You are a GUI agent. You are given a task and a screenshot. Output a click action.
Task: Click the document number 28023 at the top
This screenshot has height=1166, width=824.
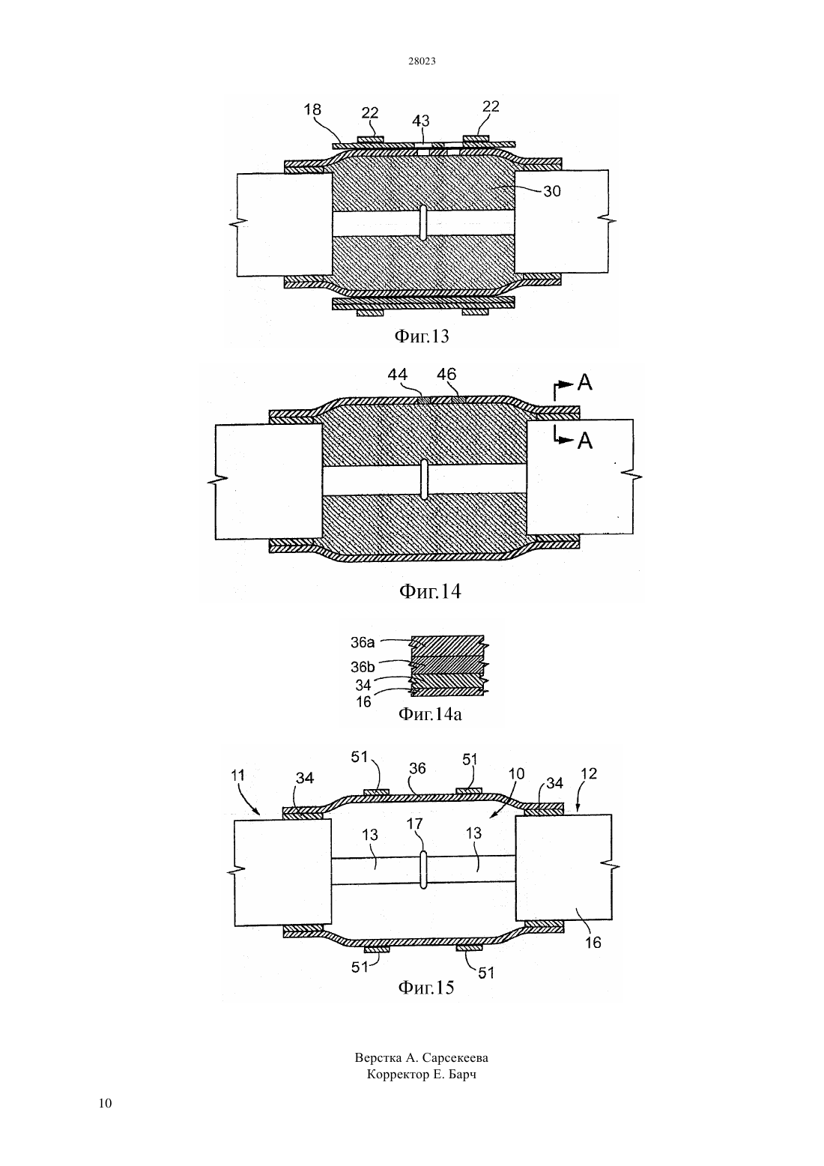pos(422,61)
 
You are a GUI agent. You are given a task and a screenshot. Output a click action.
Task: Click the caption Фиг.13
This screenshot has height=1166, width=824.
pos(421,336)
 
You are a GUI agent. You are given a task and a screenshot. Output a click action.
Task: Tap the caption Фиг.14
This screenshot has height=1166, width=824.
pos(430,591)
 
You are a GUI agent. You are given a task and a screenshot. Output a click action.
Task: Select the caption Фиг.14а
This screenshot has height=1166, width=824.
pos(430,714)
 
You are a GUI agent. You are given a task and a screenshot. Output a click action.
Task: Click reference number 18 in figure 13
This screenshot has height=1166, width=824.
pos(312,109)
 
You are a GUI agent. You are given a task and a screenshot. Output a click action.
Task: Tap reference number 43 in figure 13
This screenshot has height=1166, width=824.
pos(421,121)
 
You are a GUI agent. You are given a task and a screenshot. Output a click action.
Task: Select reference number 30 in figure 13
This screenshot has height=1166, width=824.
pos(552,192)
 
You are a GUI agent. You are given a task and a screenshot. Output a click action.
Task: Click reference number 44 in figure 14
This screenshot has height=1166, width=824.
pos(398,374)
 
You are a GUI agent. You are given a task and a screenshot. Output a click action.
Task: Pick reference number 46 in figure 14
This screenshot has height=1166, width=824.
pos(446,374)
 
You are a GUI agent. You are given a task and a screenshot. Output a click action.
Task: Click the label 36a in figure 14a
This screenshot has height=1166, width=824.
pos(363,642)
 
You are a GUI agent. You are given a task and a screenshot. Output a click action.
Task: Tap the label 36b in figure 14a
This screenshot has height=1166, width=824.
pos(363,667)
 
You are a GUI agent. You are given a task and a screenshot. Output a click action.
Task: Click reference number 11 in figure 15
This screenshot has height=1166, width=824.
pos(237,775)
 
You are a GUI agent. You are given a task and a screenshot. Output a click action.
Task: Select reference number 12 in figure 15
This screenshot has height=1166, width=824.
pos(589,773)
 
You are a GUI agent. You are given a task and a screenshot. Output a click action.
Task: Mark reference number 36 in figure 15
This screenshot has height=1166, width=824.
pos(418,768)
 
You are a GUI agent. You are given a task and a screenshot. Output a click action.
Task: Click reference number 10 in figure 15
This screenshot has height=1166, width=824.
pos(517,773)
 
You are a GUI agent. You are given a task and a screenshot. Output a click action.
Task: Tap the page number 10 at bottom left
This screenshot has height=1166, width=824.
pos(105,1103)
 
